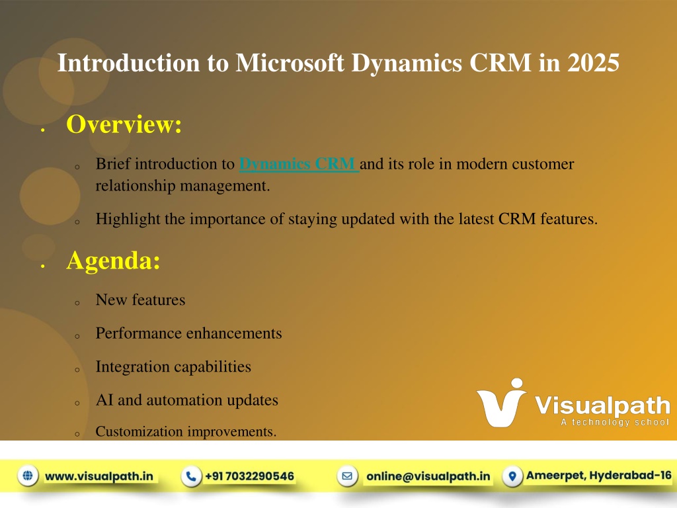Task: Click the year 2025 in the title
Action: tap(593, 63)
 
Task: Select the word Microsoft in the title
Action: tap(290, 63)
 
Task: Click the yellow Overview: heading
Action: tap(124, 124)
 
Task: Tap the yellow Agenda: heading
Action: tap(113, 261)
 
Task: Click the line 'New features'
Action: tap(140, 300)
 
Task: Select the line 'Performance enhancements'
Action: tap(188, 333)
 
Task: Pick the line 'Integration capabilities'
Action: tap(173, 366)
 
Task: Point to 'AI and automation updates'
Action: tap(187, 400)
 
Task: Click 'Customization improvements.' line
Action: tap(186, 431)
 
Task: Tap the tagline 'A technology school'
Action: tap(615, 422)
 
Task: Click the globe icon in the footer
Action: tap(28, 476)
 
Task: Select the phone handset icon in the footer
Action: tap(191, 476)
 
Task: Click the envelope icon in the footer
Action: tap(347, 476)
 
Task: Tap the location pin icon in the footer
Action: tap(512, 476)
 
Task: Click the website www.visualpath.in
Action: tap(99, 476)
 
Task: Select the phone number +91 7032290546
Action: tap(249, 476)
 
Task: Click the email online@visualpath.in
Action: tap(428, 476)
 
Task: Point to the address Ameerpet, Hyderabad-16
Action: tap(599, 476)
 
